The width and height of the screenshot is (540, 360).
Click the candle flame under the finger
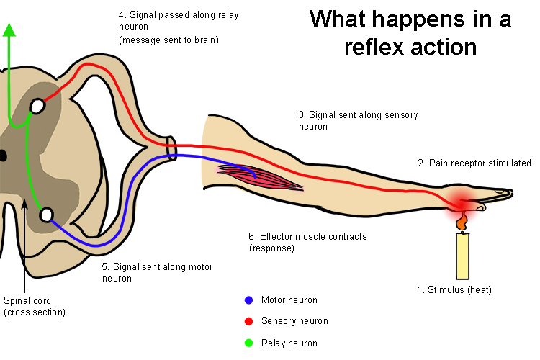(x=459, y=221)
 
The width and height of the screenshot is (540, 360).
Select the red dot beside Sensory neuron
(x=248, y=321)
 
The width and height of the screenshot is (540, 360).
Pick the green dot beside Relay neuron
(x=248, y=343)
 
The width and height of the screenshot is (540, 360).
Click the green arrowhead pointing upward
(x=9, y=30)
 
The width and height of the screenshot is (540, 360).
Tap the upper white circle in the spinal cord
(x=36, y=107)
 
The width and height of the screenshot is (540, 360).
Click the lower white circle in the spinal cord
(x=47, y=214)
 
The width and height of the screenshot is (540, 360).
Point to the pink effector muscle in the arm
(x=259, y=176)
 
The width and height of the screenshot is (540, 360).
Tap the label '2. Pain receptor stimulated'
(x=474, y=163)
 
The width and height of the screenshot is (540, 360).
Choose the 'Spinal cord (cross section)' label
(x=35, y=306)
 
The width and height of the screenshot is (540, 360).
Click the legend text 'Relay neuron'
(x=289, y=343)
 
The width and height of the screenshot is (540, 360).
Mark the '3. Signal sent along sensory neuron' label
(x=358, y=120)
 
